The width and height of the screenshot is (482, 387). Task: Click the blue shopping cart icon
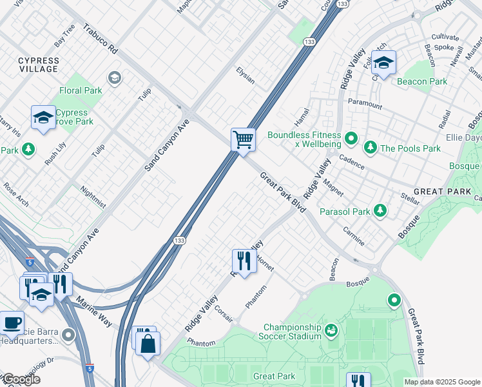tap(243, 139)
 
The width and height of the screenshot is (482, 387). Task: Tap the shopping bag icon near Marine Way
tap(148, 343)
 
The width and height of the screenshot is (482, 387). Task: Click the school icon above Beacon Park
tap(383, 63)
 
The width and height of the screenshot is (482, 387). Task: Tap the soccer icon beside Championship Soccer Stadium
tap(331, 331)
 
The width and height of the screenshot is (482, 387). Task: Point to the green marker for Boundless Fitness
tap(351, 137)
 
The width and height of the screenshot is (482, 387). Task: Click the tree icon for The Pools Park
tap(371, 148)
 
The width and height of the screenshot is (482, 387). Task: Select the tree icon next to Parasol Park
tap(380, 211)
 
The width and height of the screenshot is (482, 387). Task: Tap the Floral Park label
tap(81, 91)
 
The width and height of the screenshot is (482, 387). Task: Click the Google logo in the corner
tap(21, 379)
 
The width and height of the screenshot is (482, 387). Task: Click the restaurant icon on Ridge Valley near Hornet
tap(244, 261)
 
